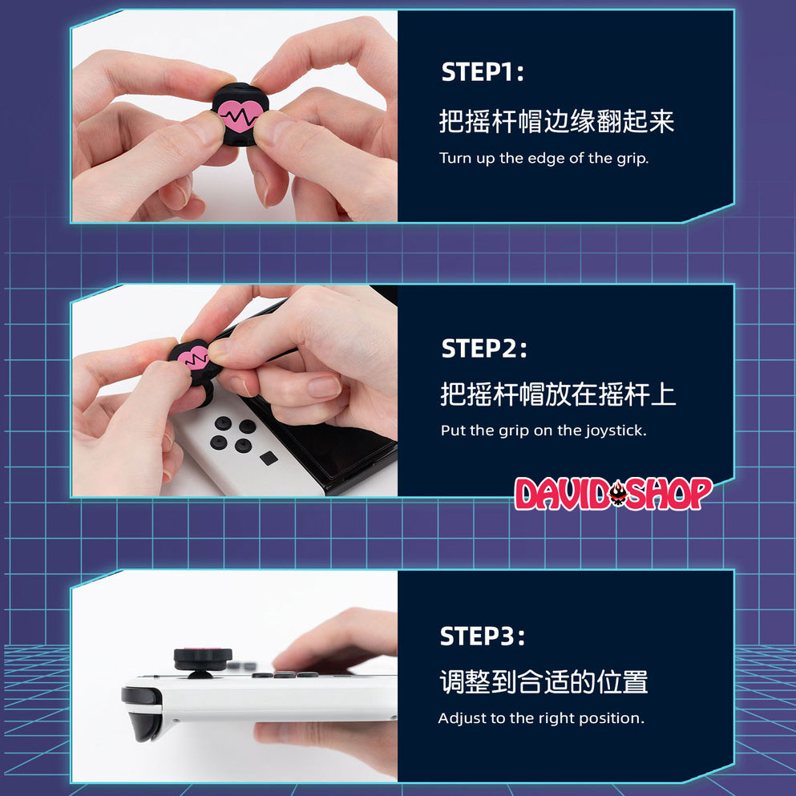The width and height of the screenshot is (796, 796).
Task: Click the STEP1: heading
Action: point(483,72)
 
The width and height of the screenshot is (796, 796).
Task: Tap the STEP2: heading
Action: point(484,349)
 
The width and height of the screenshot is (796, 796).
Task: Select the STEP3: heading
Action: point(483,636)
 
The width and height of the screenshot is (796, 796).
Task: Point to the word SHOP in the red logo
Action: point(669,494)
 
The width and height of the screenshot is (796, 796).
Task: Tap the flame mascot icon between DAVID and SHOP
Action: point(618,494)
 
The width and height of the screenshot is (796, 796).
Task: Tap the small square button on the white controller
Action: point(269,459)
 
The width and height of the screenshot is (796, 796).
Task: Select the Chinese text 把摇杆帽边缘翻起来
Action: point(556,122)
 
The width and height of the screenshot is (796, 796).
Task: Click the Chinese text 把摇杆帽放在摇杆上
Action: point(558,394)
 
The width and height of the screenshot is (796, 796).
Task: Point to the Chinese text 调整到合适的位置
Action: point(543,682)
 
